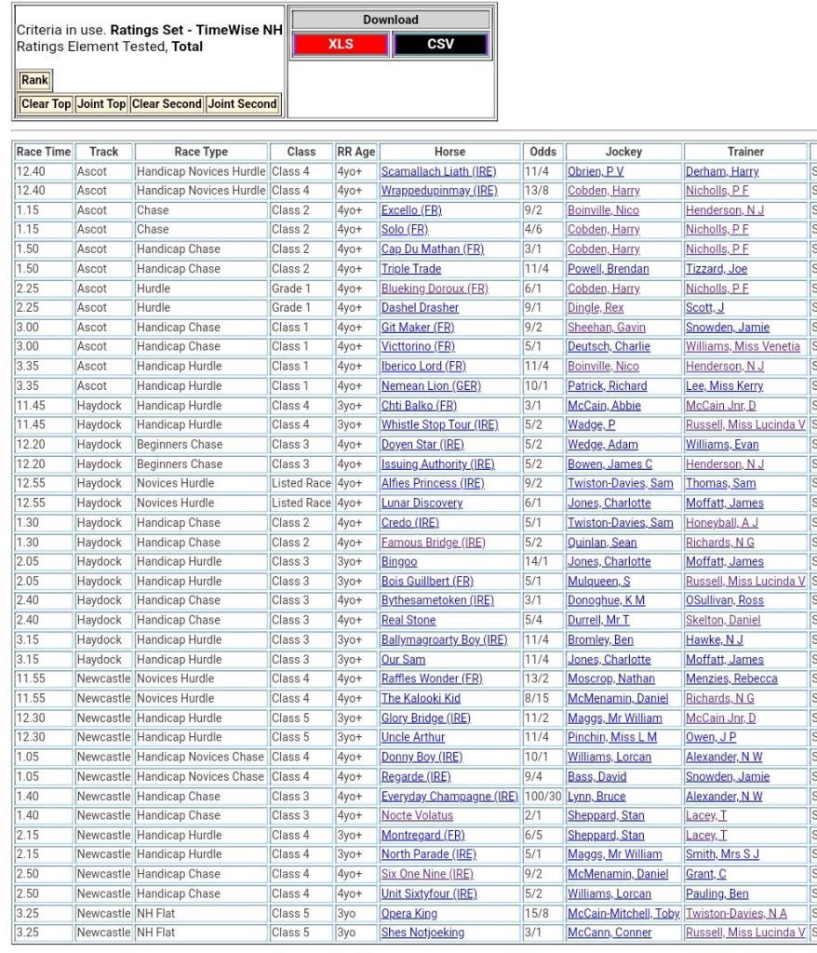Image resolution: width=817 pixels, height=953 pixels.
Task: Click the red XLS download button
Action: click(341, 44)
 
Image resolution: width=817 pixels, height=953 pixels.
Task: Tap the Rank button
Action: click(34, 80)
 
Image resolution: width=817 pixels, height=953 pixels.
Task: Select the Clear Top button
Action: click(46, 104)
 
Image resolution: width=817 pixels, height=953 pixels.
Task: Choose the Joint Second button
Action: click(242, 104)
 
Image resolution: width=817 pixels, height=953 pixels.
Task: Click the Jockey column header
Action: click(623, 152)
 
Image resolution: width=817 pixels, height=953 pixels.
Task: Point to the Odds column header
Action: click(542, 152)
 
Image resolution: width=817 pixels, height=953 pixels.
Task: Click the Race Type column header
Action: click(201, 152)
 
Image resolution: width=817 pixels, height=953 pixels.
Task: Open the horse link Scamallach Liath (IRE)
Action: click(438, 171)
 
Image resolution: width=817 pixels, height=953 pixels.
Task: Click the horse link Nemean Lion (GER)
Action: click(430, 385)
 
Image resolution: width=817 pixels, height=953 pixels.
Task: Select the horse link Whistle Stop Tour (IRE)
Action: click(439, 424)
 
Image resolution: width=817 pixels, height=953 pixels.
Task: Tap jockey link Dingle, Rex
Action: click(596, 307)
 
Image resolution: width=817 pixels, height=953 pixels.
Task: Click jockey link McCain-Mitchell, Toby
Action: click(623, 913)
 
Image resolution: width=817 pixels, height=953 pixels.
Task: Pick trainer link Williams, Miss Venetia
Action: click(743, 346)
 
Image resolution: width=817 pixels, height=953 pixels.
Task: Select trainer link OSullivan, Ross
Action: click(725, 600)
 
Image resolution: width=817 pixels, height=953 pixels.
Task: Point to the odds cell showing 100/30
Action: click(542, 796)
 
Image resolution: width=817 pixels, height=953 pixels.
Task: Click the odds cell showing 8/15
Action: click(538, 698)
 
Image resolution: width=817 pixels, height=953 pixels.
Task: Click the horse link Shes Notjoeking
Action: click(422, 933)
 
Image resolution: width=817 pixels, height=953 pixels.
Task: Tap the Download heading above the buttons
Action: click(390, 20)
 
